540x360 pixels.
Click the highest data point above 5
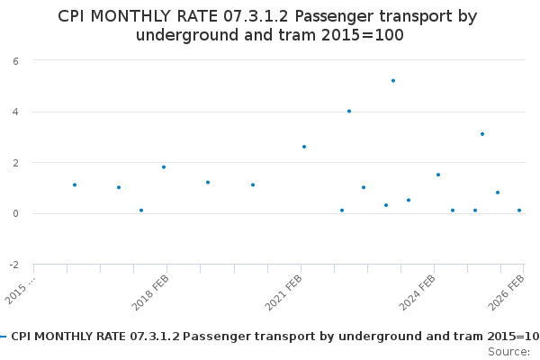pyautogui.click(x=393, y=81)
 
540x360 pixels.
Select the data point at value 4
pyautogui.click(x=349, y=112)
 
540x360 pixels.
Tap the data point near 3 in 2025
pyautogui.click(x=482, y=134)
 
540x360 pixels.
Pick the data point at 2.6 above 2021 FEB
pyautogui.click(x=304, y=147)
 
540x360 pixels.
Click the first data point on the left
pyautogui.click(x=75, y=185)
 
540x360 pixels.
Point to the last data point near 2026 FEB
pyautogui.click(x=519, y=211)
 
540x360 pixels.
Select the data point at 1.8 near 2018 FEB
pyautogui.click(x=164, y=167)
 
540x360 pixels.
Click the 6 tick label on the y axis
pyautogui.click(x=14, y=60)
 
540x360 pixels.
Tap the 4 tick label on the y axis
pyautogui.click(x=14, y=112)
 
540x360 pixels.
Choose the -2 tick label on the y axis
pyautogui.click(x=13, y=265)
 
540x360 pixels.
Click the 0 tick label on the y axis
pyautogui.click(x=14, y=214)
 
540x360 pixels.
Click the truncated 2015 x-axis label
pyautogui.click(x=20, y=290)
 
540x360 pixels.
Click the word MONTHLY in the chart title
pyautogui.click(x=143, y=16)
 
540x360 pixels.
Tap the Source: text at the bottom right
pyautogui.click(x=508, y=351)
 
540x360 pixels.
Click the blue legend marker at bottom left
pyautogui.click(x=4, y=337)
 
